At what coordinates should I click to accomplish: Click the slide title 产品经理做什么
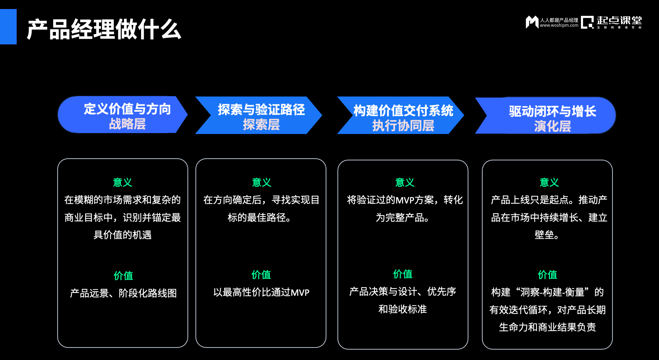(x=104, y=29)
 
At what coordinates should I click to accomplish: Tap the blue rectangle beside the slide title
(x=8, y=27)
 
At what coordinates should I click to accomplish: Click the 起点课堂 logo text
(x=619, y=21)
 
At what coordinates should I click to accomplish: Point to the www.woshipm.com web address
(x=559, y=25)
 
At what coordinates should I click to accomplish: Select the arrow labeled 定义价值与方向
(x=127, y=109)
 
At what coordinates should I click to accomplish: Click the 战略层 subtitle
(x=127, y=124)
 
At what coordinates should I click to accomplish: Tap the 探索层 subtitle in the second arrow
(x=261, y=125)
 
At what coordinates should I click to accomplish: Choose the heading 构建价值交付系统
(x=403, y=111)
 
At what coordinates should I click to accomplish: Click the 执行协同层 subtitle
(x=403, y=126)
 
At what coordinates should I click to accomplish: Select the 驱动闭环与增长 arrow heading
(x=552, y=111)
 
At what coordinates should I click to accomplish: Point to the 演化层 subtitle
(x=552, y=126)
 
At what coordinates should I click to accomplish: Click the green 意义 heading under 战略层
(x=123, y=182)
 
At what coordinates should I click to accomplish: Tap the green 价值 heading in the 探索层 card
(x=261, y=275)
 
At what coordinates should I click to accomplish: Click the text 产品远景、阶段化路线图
(x=123, y=293)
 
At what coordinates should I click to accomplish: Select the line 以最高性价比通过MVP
(x=261, y=292)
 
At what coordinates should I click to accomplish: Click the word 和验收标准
(x=402, y=309)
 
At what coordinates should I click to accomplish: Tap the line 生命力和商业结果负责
(x=547, y=327)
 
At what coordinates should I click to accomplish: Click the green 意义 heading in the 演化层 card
(x=549, y=182)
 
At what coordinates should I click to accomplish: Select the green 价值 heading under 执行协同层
(x=402, y=274)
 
